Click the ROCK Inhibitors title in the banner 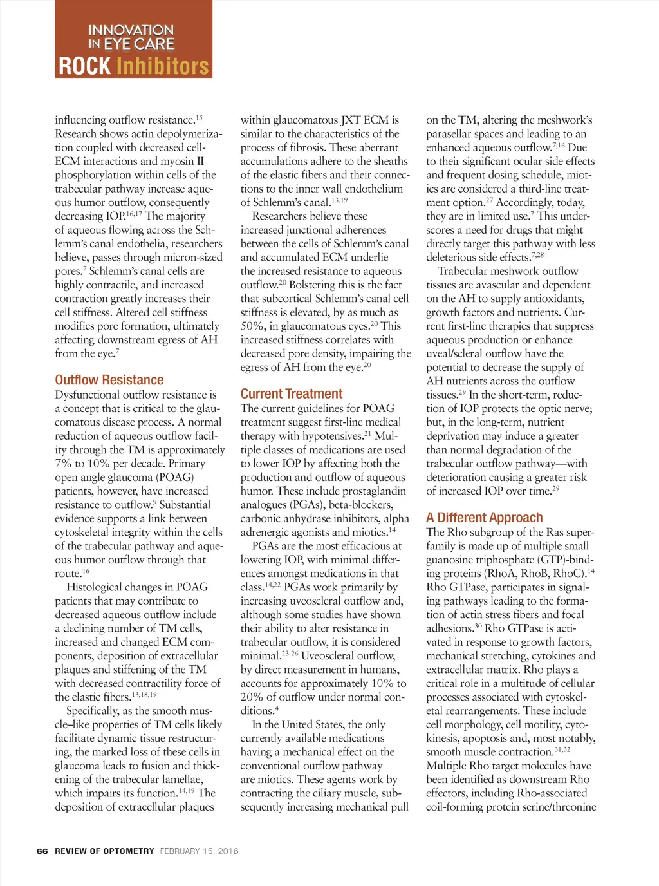(134, 66)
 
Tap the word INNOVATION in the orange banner (131, 30)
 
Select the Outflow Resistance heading (109, 380)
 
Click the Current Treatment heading (292, 393)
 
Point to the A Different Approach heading (485, 518)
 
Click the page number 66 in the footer (42, 851)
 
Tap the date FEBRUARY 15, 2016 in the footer (199, 851)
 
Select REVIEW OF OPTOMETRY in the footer (105, 851)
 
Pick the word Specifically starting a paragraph (94, 711)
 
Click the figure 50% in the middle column (253, 326)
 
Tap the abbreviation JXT (351, 120)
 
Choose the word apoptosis (503, 738)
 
